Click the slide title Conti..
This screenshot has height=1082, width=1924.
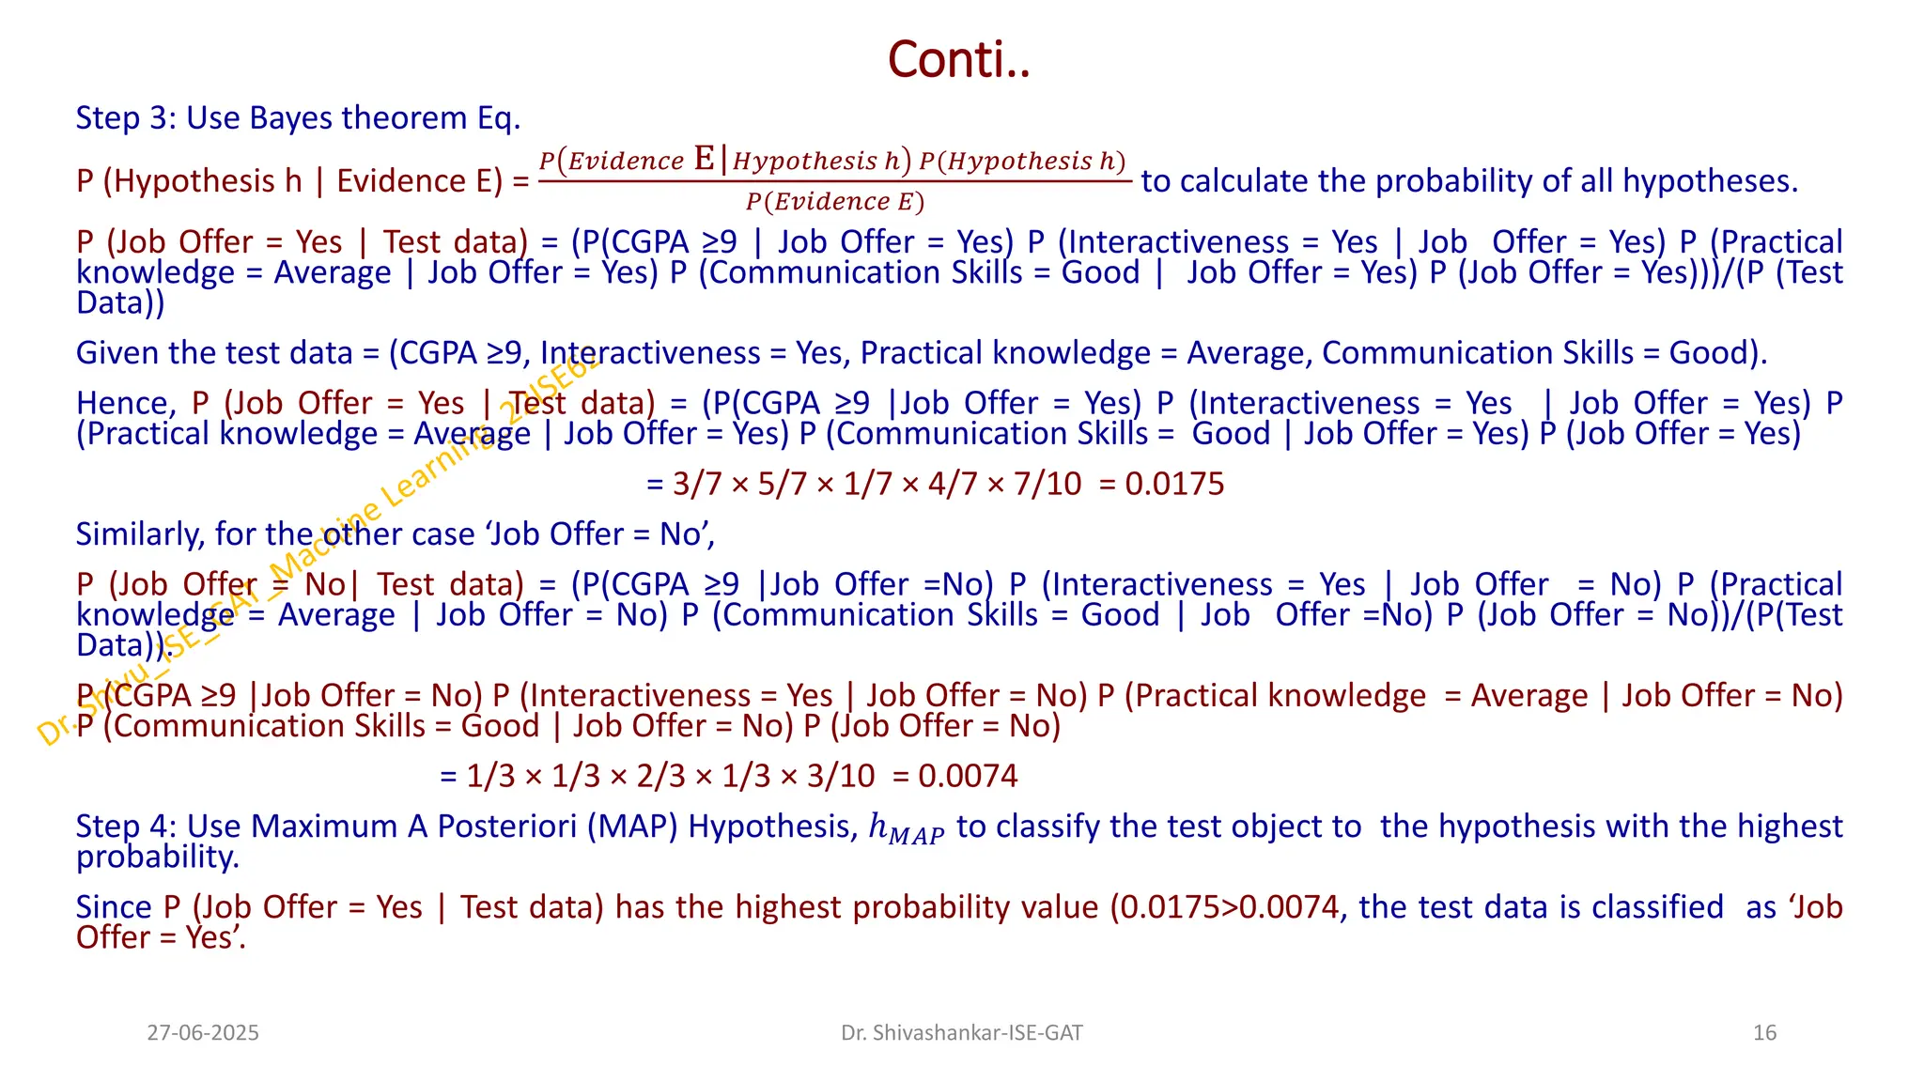tap(958, 60)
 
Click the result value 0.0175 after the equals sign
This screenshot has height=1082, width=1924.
tap(1174, 484)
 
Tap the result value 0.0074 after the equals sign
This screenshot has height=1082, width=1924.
tap(968, 776)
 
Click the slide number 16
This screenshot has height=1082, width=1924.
tap(1764, 1033)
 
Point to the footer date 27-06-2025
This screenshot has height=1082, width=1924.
tap(203, 1033)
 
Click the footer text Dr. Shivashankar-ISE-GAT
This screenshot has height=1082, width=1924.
tap(961, 1033)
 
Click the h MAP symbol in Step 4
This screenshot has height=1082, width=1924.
tap(906, 829)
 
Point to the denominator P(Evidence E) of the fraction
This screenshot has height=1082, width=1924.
tap(834, 202)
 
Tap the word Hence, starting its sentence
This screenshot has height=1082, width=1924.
tap(124, 404)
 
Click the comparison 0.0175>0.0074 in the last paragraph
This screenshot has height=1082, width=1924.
tap(1228, 907)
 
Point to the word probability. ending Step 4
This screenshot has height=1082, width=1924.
tap(157, 857)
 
